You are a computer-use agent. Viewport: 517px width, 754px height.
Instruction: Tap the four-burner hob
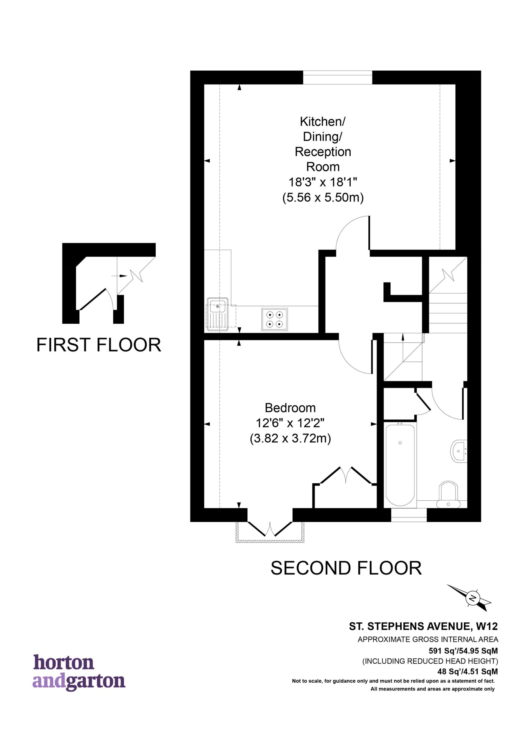pos(274,319)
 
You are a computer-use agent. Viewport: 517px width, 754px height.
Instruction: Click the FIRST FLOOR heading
pos(99,345)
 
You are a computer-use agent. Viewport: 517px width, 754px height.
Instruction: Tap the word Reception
pos(323,152)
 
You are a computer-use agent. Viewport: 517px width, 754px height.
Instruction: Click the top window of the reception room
pos(338,77)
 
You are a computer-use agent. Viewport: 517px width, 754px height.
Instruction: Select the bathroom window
pos(409,515)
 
